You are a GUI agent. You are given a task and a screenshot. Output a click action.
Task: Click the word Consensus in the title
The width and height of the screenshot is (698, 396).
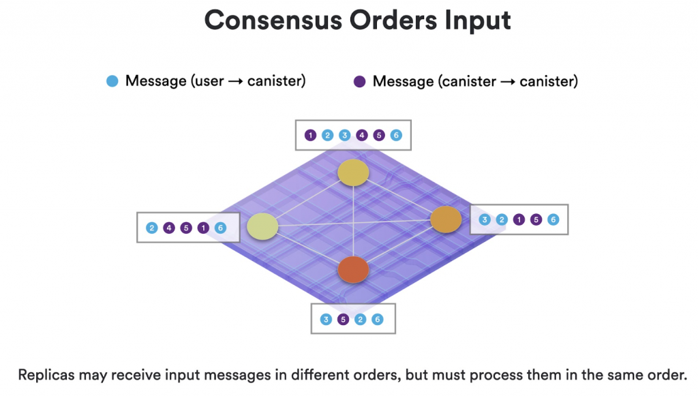273,20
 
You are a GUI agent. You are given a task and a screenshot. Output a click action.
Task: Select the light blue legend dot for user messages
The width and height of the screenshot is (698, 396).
112,81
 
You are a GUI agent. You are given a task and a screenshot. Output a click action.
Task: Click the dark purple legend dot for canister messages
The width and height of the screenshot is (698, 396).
360,81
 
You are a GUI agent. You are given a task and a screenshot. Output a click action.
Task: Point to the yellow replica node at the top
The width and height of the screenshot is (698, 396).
354,172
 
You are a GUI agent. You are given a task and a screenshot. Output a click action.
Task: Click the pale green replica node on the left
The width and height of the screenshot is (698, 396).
262,226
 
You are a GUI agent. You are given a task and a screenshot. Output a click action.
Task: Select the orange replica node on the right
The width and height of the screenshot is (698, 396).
446,219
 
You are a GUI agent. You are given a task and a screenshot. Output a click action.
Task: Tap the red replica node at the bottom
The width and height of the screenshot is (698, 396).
354,270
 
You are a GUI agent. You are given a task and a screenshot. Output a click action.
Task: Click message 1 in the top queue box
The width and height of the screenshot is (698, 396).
311,135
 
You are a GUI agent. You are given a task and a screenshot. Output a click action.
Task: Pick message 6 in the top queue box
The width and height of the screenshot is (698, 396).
396,135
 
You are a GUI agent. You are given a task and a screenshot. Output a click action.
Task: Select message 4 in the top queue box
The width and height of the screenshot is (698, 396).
362,135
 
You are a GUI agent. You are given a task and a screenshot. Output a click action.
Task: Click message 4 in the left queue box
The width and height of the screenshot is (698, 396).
169,228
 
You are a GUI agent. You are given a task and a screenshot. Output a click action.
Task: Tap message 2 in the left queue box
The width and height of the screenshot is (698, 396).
152,228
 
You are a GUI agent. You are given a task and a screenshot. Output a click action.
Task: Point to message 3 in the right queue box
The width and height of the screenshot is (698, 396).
485,219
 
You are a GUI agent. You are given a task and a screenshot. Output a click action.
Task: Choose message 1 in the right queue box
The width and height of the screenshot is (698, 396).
519,219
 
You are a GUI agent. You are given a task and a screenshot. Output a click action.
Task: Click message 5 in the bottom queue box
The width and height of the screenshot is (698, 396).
344,320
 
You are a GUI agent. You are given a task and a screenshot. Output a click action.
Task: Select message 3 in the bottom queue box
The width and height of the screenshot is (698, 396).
326,320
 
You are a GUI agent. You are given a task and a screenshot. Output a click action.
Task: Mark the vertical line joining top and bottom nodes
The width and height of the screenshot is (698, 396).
354,221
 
